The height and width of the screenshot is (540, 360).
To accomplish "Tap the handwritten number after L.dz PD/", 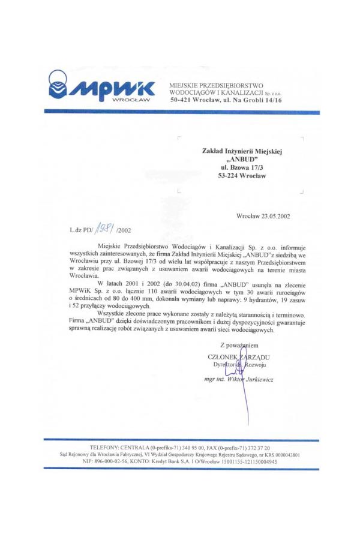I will point(106,229).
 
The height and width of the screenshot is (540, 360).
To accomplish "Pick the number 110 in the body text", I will point(135,289).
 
